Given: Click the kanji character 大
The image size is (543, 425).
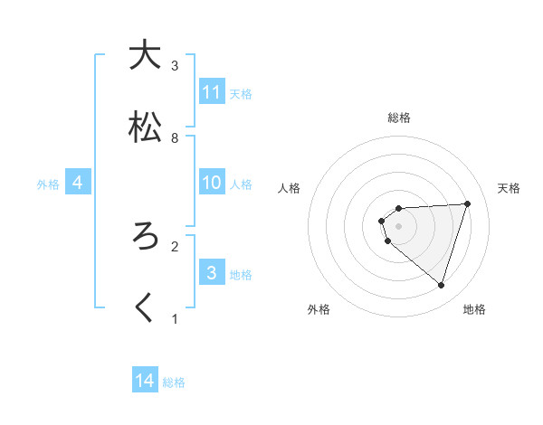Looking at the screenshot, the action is click(x=144, y=55).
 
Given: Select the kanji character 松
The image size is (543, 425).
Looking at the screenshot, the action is click(x=144, y=127).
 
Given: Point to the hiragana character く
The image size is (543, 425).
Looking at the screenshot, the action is click(x=144, y=308).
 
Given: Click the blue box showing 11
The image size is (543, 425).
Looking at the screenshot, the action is click(x=212, y=92).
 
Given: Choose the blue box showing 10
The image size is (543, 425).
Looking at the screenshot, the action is click(x=212, y=183).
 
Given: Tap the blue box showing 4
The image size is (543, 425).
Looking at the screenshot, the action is click(x=78, y=183).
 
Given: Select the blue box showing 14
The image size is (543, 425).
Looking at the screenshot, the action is click(x=145, y=381).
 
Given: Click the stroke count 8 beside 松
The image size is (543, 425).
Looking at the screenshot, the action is click(x=175, y=138).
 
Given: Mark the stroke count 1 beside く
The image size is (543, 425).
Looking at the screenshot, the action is click(x=175, y=319).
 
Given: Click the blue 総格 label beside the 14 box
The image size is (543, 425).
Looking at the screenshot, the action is click(x=174, y=382).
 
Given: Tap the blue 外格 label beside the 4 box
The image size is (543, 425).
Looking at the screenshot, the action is click(x=48, y=184).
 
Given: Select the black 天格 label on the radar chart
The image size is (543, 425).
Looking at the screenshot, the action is click(x=510, y=188).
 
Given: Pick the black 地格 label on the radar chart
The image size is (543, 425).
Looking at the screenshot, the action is click(x=474, y=309).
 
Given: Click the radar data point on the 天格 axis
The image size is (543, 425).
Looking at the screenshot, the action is click(x=468, y=203).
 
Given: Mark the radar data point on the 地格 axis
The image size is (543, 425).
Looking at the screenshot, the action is click(x=441, y=286).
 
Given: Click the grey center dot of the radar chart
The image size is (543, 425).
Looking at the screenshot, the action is click(x=398, y=225).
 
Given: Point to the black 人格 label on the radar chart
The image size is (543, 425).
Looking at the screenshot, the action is click(x=290, y=188).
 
